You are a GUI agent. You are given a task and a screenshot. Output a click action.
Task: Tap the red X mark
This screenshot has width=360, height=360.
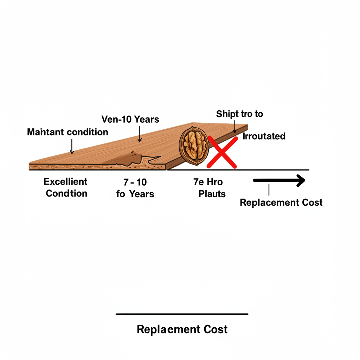pos(222,152)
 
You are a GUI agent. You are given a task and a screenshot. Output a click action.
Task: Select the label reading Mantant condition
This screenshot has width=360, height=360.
pos(67,132)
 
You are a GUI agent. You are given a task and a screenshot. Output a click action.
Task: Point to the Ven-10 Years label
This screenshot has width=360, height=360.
pos(130,119)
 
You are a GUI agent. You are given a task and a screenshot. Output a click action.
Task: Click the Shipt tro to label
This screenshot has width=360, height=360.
pos(239,114)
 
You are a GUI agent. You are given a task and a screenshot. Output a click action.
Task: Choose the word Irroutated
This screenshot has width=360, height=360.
pos(264,136)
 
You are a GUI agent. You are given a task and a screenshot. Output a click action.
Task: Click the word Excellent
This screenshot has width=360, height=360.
pos(65,182)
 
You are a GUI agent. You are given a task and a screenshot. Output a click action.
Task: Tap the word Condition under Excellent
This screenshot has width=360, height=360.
pos(66,193)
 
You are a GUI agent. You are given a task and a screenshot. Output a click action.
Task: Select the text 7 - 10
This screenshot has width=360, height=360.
pos(135,182)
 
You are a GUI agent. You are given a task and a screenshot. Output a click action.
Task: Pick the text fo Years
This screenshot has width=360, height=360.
pos(135,194)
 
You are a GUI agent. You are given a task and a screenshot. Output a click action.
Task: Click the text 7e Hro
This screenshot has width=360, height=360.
pos(208,182)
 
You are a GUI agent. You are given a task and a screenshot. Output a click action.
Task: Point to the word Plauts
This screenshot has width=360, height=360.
pos(212,194)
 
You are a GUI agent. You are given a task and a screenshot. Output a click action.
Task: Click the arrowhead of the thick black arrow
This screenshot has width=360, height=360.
pos(300,181)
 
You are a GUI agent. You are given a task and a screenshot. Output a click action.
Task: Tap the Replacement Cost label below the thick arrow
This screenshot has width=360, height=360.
pos(281,202)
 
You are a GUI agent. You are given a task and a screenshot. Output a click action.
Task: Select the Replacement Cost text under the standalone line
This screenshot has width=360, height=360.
pos(182,329)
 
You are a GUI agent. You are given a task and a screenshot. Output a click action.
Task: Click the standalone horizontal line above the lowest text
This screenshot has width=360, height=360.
pos(182,314)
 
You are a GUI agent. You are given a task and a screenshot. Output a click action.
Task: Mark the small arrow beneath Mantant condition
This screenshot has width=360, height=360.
pos(72,146)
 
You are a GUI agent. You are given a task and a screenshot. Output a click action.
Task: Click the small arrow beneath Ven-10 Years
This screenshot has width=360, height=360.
pos(140,135)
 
